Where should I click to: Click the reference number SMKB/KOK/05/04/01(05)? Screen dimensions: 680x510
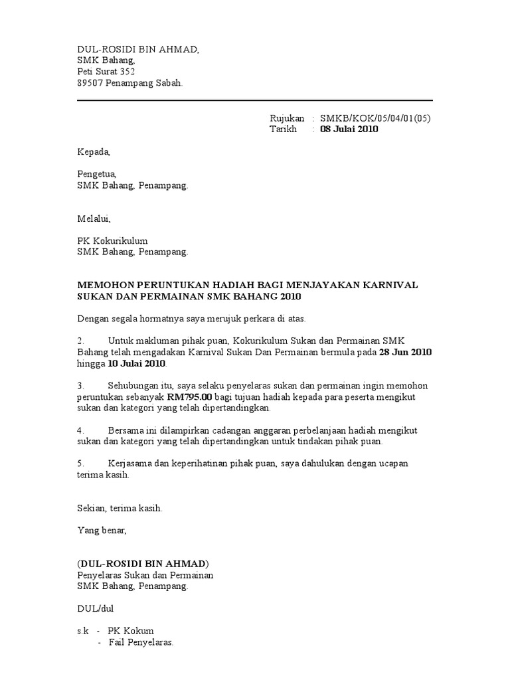click(375, 118)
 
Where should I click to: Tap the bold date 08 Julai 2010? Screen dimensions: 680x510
click(349, 129)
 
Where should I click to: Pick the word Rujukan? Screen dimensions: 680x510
click(287, 118)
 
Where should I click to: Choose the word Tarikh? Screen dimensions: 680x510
click(283, 129)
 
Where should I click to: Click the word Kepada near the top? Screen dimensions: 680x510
click(94, 152)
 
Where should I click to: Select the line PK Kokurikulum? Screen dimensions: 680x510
click(112, 241)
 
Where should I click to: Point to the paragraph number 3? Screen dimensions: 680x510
click(80, 385)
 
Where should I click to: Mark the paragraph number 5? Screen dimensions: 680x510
click(80, 464)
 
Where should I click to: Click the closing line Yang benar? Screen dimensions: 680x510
click(101, 531)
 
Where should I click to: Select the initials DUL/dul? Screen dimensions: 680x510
click(94, 608)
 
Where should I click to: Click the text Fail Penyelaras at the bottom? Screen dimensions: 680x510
click(141, 643)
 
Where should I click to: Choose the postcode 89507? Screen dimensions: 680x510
click(90, 83)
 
